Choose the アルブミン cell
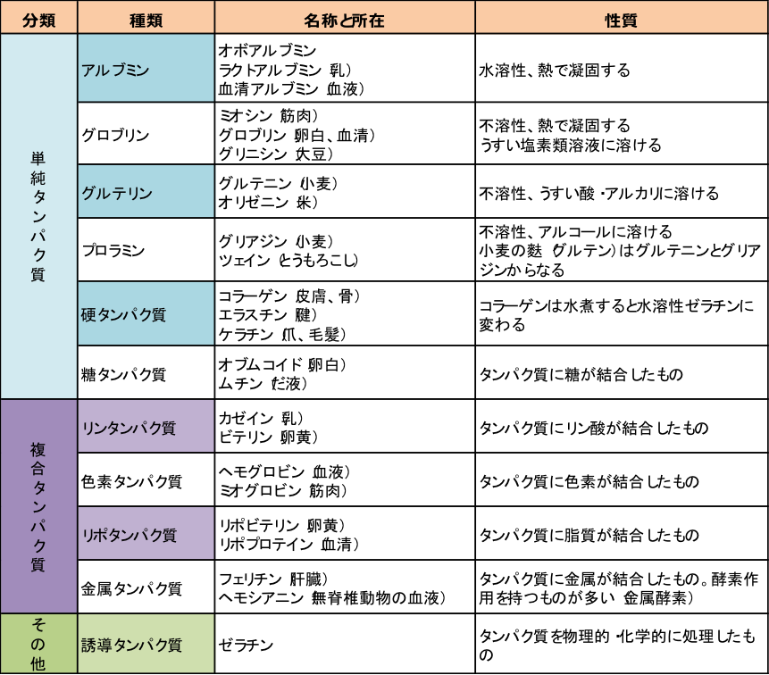[146, 69]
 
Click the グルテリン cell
[146, 192]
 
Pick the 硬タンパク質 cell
[146, 314]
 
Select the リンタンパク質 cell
[146, 427]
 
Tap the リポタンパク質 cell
[146, 534]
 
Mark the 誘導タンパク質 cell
[146, 644]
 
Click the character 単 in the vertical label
[38, 156]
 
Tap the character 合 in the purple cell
[38, 468]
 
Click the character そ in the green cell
[38, 625]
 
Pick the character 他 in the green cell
[38, 663]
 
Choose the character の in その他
[38, 644]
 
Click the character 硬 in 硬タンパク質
[88, 314]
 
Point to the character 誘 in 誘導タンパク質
[88, 645]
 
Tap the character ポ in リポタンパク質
[102, 535]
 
